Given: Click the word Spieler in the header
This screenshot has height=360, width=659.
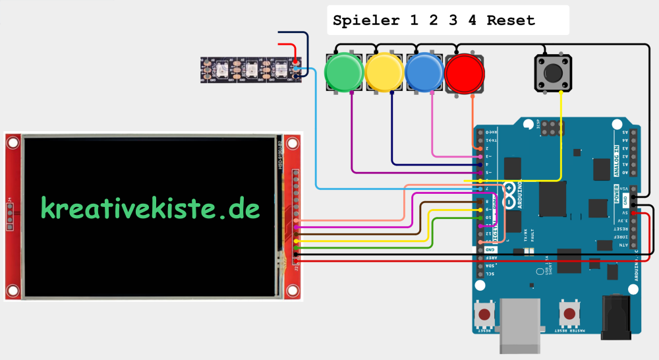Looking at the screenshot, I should coord(366,20).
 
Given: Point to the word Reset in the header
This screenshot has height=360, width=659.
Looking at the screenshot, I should coord(511,20).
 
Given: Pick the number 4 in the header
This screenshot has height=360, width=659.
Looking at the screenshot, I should coord(472,20).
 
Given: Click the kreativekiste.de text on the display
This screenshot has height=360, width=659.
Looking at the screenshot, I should coord(150,208).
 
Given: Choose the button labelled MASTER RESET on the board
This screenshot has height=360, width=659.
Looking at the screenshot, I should coord(569,312).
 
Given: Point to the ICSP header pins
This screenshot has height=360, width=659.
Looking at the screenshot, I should coord(552,129).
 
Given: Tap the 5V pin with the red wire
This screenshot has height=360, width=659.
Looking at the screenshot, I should coord(633,213).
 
